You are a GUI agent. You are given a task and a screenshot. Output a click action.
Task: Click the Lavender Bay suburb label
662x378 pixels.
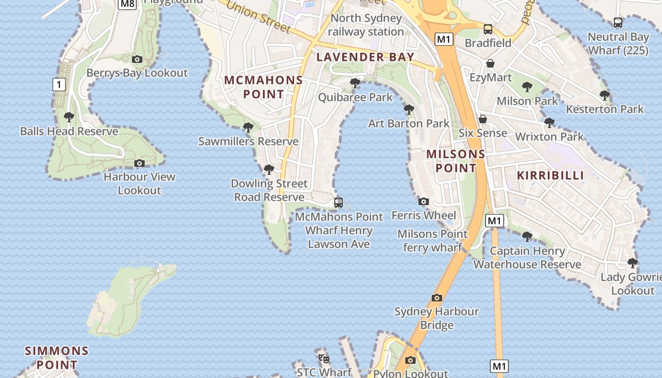pyautogui.click(x=365, y=57)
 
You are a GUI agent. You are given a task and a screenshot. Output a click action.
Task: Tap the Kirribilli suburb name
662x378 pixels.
pyautogui.click(x=550, y=175)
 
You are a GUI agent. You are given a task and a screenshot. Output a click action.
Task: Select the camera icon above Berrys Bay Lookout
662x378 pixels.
pyautogui.click(x=137, y=59)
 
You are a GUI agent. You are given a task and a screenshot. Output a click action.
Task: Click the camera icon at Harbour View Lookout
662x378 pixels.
pyautogui.click(x=139, y=163)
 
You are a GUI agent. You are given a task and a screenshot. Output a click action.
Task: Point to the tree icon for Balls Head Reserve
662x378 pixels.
pyautogui.click(x=69, y=117)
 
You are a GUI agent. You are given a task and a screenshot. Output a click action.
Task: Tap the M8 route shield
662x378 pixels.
pyautogui.click(x=127, y=4)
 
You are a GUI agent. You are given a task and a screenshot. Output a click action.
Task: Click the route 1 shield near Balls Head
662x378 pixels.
pyautogui.click(x=59, y=85)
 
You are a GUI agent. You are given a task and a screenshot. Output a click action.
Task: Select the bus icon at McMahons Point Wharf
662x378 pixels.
pyautogui.click(x=339, y=203)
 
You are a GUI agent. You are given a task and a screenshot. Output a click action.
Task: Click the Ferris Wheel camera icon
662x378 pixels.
pyautogui.click(x=424, y=201)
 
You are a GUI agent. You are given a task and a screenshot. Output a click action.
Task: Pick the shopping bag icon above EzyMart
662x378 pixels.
pyautogui.click(x=490, y=63)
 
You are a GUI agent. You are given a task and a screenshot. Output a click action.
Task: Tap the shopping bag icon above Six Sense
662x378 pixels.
pyautogui.click(x=483, y=119)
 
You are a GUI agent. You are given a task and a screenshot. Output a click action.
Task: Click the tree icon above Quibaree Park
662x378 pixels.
pyautogui.click(x=355, y=83)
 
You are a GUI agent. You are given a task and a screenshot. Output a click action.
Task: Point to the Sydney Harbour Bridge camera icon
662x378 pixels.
pyautogui.click(x=437, y=298)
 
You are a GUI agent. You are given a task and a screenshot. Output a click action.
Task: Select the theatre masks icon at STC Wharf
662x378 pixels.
pyautogui.click(x=324, y=358)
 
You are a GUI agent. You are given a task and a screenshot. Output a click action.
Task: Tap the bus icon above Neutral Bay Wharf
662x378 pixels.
pyautogui.click(x=618, y=22)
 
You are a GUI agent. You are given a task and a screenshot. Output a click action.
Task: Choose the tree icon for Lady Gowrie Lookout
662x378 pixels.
pyautogui.click(x=632, y=263)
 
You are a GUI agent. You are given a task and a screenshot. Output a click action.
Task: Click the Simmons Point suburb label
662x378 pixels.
pyautogui.click(x=57, y=358)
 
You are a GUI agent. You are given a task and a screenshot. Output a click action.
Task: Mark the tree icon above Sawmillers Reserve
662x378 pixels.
pyautogui.click(x=248, y=127)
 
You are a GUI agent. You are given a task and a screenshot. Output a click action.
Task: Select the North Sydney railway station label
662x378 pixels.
pyautogui.click(x=366, y=25)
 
